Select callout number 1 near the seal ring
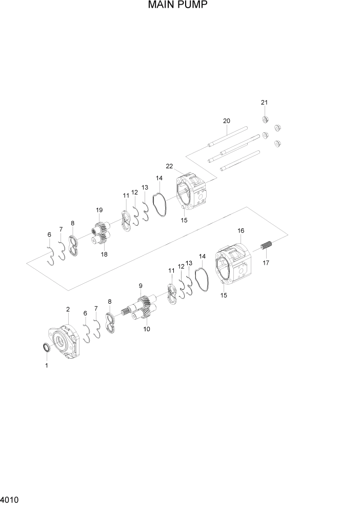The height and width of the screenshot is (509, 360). coord(47,366)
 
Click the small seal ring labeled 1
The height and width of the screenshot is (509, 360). coord(46,349)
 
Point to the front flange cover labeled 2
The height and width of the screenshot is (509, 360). coord(67,341)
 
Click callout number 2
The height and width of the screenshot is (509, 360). coord(68,309)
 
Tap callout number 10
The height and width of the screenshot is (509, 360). coord(147,329)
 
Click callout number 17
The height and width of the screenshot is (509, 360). coord(266,263)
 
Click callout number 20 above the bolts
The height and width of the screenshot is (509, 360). coord(226,121)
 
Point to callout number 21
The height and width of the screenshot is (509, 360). coord(264,103)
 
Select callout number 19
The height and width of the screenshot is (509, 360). coord(99,210)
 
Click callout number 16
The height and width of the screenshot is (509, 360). coord(241,231)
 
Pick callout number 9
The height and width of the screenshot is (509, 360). coord(140,285)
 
